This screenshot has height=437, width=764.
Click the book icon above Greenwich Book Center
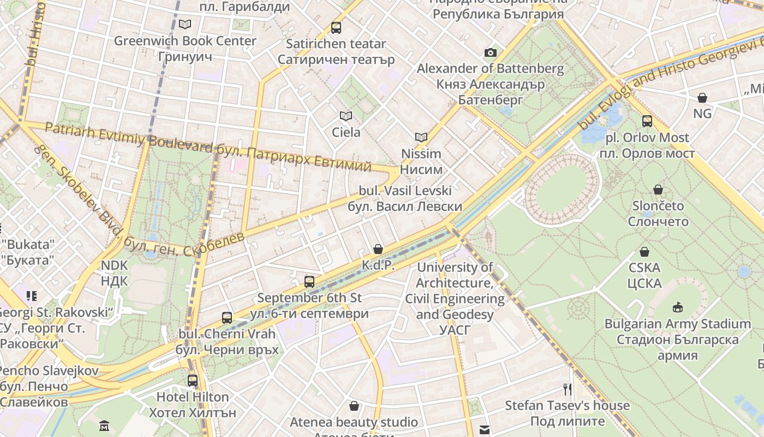pos(185,24)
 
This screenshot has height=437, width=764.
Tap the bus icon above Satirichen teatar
pos(336,27)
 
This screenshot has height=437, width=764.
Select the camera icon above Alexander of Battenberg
pos(491,52)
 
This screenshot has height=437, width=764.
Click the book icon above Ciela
pos(346,116)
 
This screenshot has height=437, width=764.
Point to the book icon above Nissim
pos(421,137)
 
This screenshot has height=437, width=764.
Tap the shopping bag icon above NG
pos(702,98)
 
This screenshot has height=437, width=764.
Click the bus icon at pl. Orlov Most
pos(647,121)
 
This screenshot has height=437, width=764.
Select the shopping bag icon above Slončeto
pos(658,190)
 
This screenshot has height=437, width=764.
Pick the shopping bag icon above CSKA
pos(644,252)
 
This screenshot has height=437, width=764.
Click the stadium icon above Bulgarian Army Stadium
pos(678,307)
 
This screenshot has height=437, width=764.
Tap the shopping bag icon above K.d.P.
pos(378,249)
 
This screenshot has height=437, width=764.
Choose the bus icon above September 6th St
pos(309,281)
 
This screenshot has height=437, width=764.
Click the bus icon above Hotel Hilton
pos(193,380)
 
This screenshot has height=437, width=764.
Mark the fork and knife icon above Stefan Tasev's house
pos(568,389)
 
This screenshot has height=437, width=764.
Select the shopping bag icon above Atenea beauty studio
pos(354,406)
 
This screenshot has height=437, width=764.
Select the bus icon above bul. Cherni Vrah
pos(227,317)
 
